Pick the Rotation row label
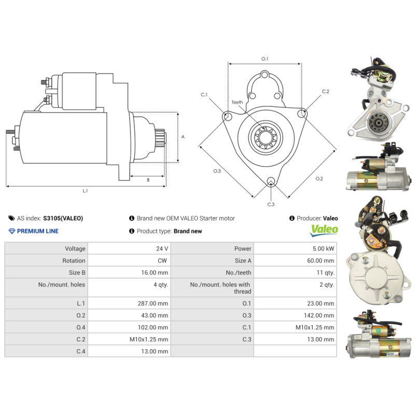tap(74, 261)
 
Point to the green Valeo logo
tap(324, 230)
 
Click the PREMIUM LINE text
tap(37, 231)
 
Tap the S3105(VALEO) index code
tap(63, 218)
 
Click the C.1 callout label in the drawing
tap(204, 95)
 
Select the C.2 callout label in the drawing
tap(325, 92)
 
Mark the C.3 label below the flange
tap(271, 204)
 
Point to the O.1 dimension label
tap(265, 59)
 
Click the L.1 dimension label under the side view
tap(85, 191)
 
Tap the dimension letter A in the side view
tap(183, 137)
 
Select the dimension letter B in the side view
tap(148, 180)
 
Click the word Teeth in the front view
tap(237, 103)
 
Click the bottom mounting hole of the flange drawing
tap(270, 181)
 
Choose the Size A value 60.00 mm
tap(321, 261)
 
